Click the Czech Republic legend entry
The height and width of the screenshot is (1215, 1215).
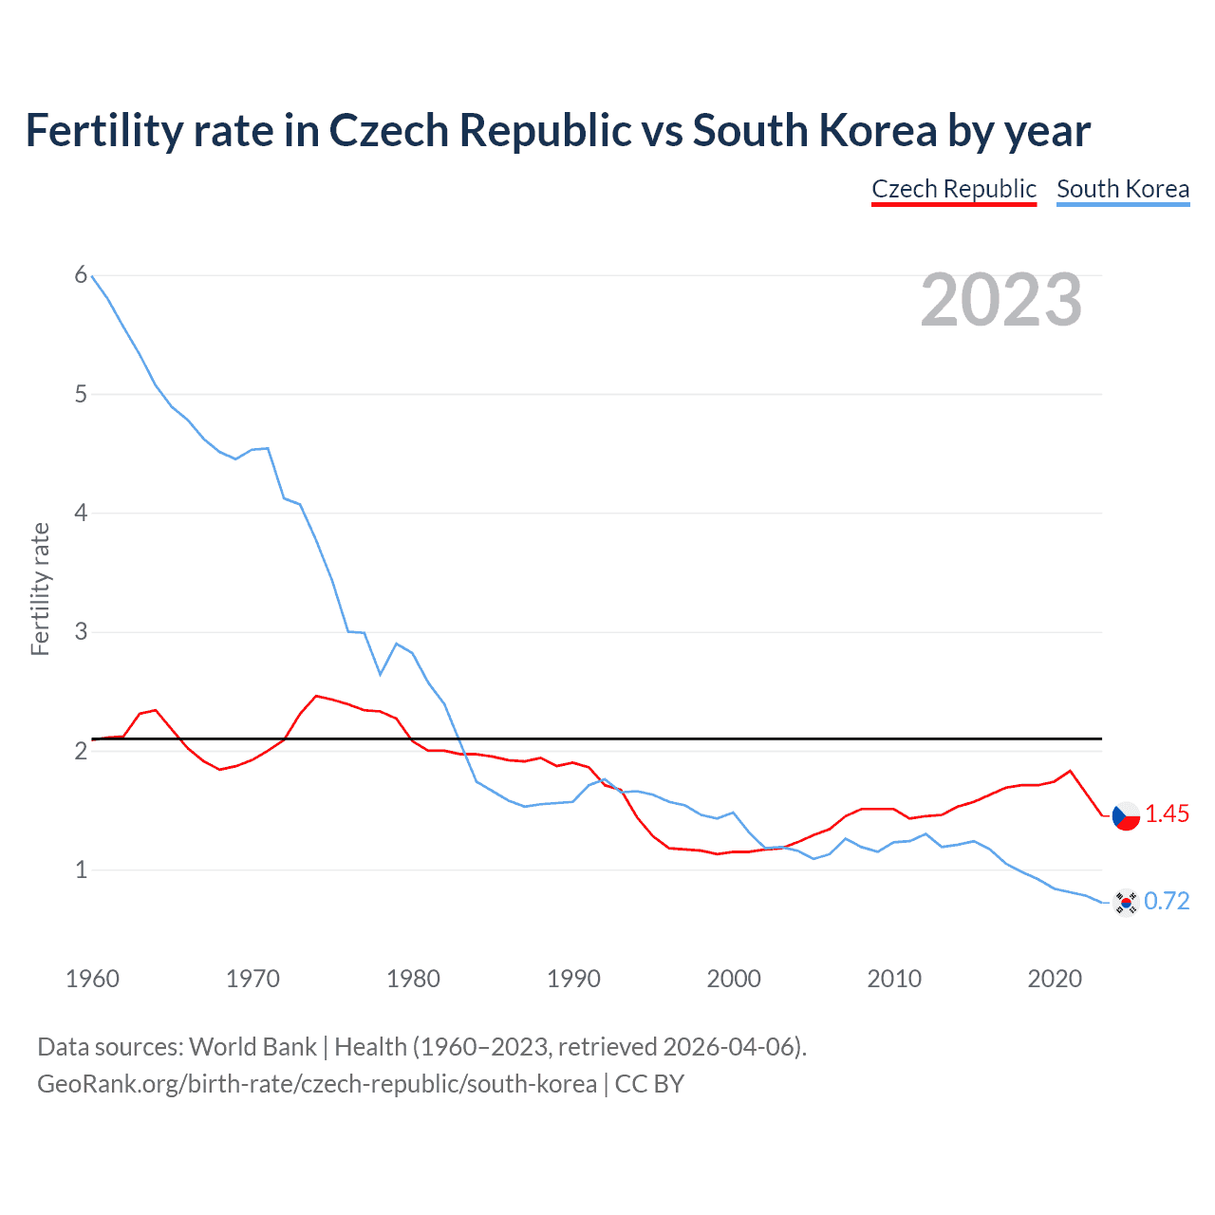coord(953,189)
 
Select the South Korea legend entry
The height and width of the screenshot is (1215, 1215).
coord(1122,189)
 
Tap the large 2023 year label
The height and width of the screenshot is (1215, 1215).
coord(1000,300)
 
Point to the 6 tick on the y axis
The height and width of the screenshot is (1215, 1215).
coord(81,275)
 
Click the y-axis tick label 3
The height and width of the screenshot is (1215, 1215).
coord(81,631)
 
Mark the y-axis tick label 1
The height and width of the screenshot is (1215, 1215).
coord(81,869)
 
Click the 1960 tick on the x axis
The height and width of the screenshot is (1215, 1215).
coord(92,979)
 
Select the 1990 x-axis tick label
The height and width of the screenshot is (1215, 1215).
coord(573,979)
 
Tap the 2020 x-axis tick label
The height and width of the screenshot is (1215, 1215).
coord(1054,979)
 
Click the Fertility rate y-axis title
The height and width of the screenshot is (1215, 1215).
coord(40,589)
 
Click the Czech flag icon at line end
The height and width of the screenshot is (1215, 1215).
coord(1125,815)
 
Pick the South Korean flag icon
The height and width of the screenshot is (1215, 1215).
coord(1125,902)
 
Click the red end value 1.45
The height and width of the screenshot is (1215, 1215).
coord(1167,814)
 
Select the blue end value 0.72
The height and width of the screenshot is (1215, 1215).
coord(1167,902)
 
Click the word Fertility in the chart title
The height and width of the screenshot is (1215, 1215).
coord(103,130)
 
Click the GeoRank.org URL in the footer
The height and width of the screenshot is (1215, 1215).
coord(317,1084)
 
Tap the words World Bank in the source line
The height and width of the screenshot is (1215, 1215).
coord(252,1047)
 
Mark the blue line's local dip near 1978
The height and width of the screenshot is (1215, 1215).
coord(381,674)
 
